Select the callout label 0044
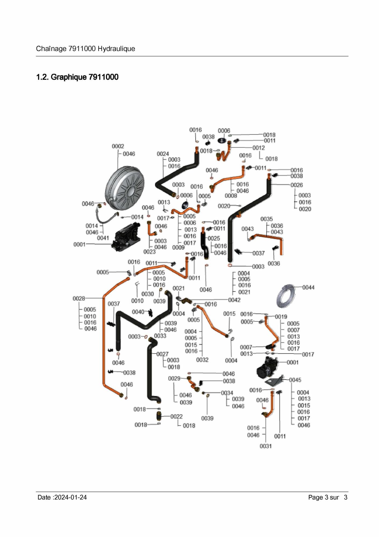(x=308, y=287)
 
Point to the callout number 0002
(x=118, y=146)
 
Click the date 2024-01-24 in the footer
(x=70, y=497)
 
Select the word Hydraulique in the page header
(x=116, y=49)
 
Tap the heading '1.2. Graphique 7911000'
(x=77, y=77)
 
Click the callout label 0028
(x=79, y=298)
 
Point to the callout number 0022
(x=176, y=416)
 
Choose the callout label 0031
(x=266, y=446)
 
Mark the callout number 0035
(x=266, y=219)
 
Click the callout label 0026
(x=296, y=185)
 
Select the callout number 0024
(x=163, y=154)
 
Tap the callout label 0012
(x=259, y=148)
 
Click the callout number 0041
(x=103, y=238)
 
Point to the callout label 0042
(x=234, y=300)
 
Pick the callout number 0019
(x=281, y=317)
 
